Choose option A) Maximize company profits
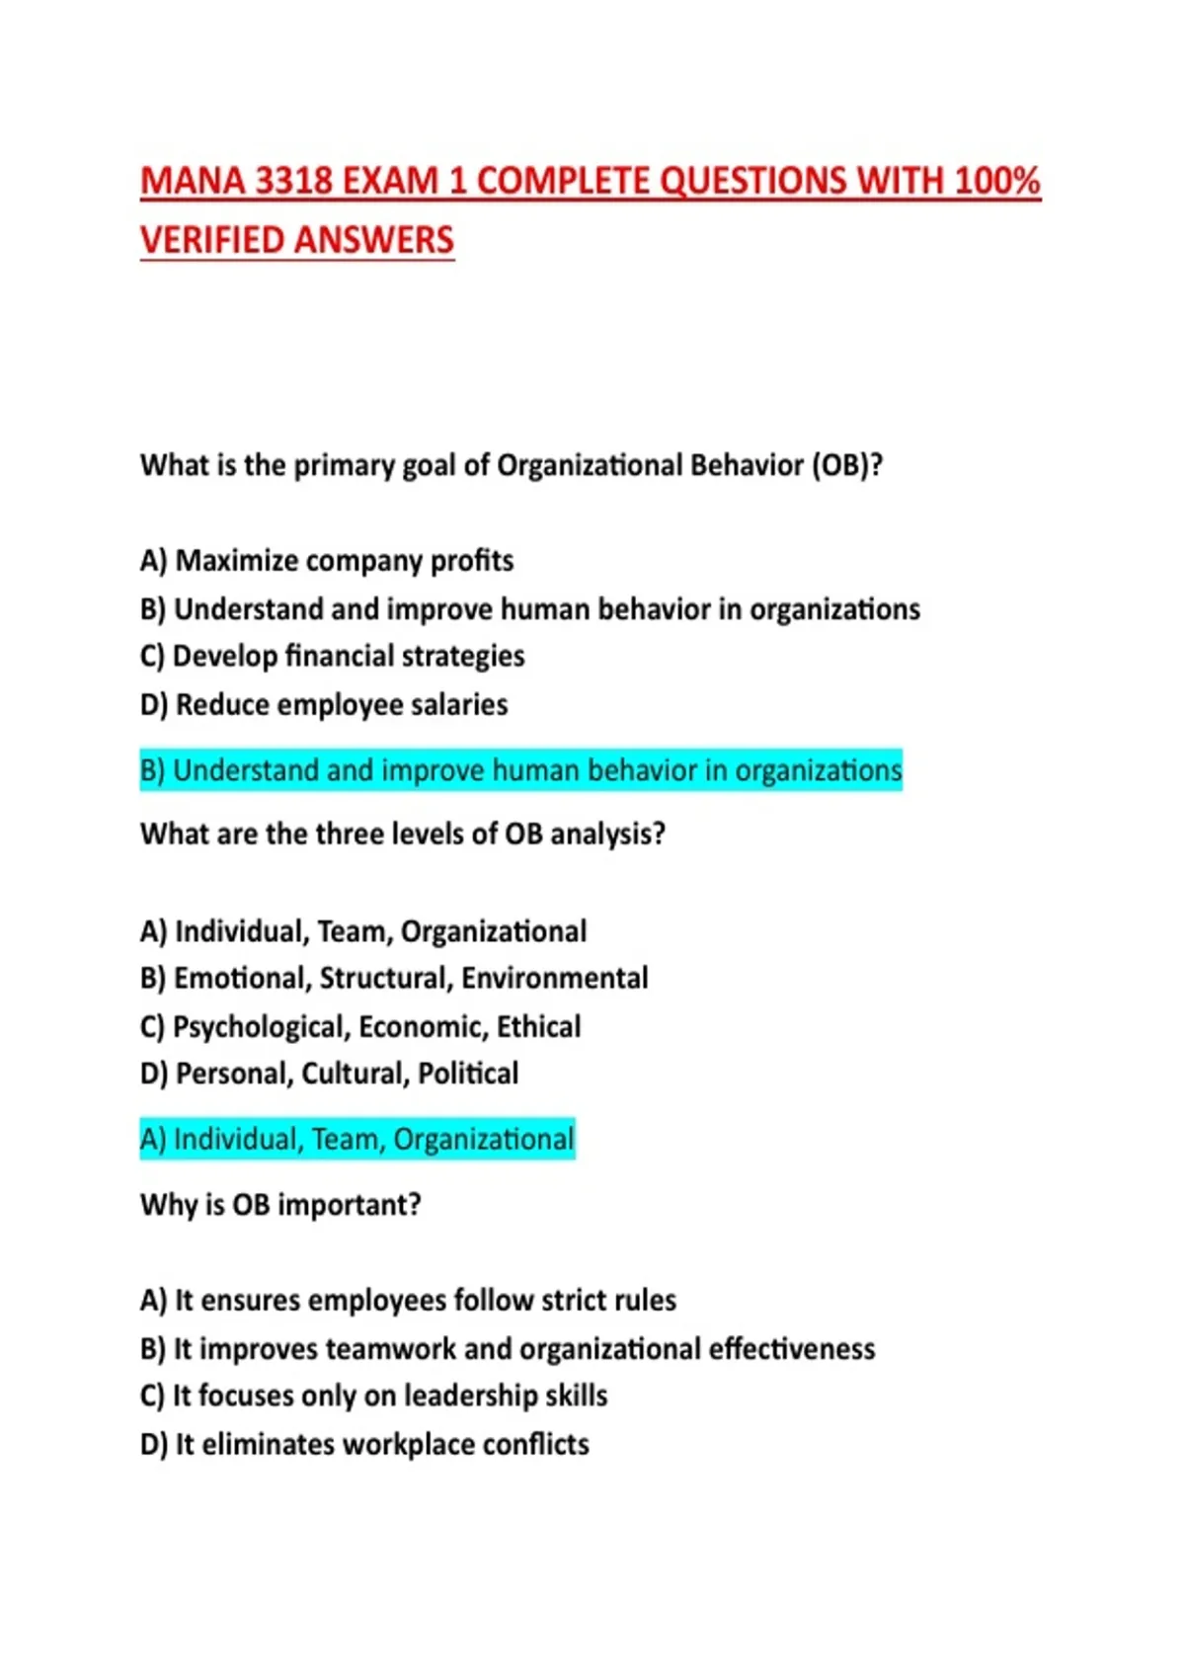coord(327,561)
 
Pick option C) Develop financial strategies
coord(332,656)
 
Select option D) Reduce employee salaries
coord(324,704)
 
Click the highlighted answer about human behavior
coord(520,770)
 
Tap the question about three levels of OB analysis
coord(403,835)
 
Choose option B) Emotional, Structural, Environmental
coord(394,978)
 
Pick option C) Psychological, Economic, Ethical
coord(360,1026)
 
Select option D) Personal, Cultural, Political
coord(329,1074)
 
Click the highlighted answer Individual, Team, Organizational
coord(356,1140)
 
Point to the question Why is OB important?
coord(280,1205)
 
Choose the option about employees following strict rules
coord(408,1300)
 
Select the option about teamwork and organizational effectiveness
coord(508,1348)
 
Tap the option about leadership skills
coord(373,1396)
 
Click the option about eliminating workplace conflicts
coord(364,1444)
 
